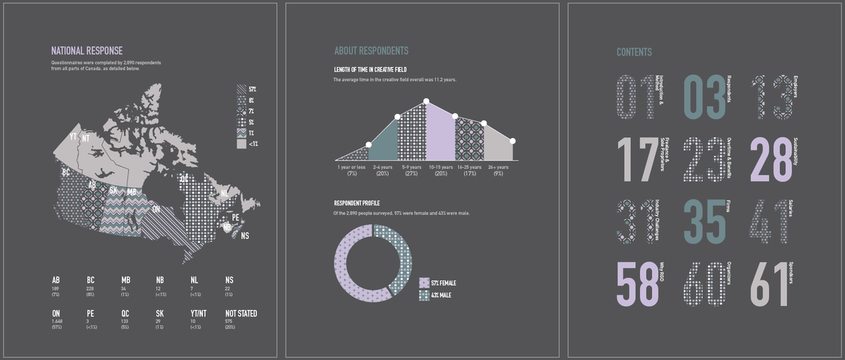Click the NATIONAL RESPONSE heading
point(87,51)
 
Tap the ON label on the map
point(156,209)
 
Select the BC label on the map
point(65,172)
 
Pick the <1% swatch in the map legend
point(242,144)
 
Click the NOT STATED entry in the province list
point(241,314)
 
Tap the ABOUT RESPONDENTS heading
point(371,51)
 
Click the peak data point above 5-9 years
point(426,101)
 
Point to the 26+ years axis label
point(498,167)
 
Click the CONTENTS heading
point(634,52)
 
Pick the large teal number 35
point(704,223)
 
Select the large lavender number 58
point(637,285)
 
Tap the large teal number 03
point(704,97)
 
